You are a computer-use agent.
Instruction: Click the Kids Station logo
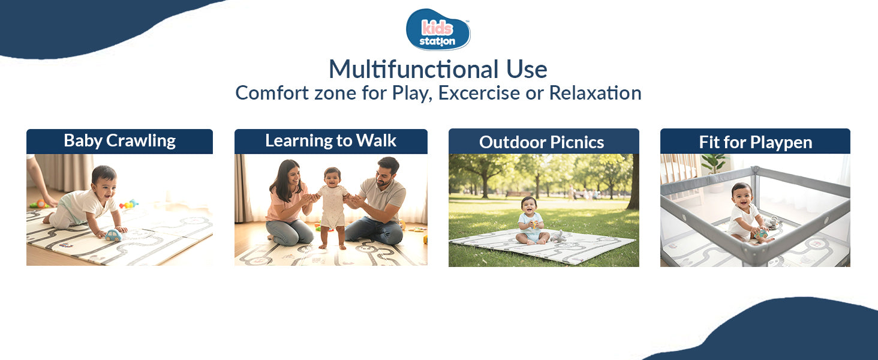pos(438,30)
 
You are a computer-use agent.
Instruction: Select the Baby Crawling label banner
pos(119,141)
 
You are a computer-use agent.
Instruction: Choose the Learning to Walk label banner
pos(330,141)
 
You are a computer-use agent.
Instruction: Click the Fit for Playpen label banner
pos(755,142)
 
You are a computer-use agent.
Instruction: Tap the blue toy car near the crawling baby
pos(113,235)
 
